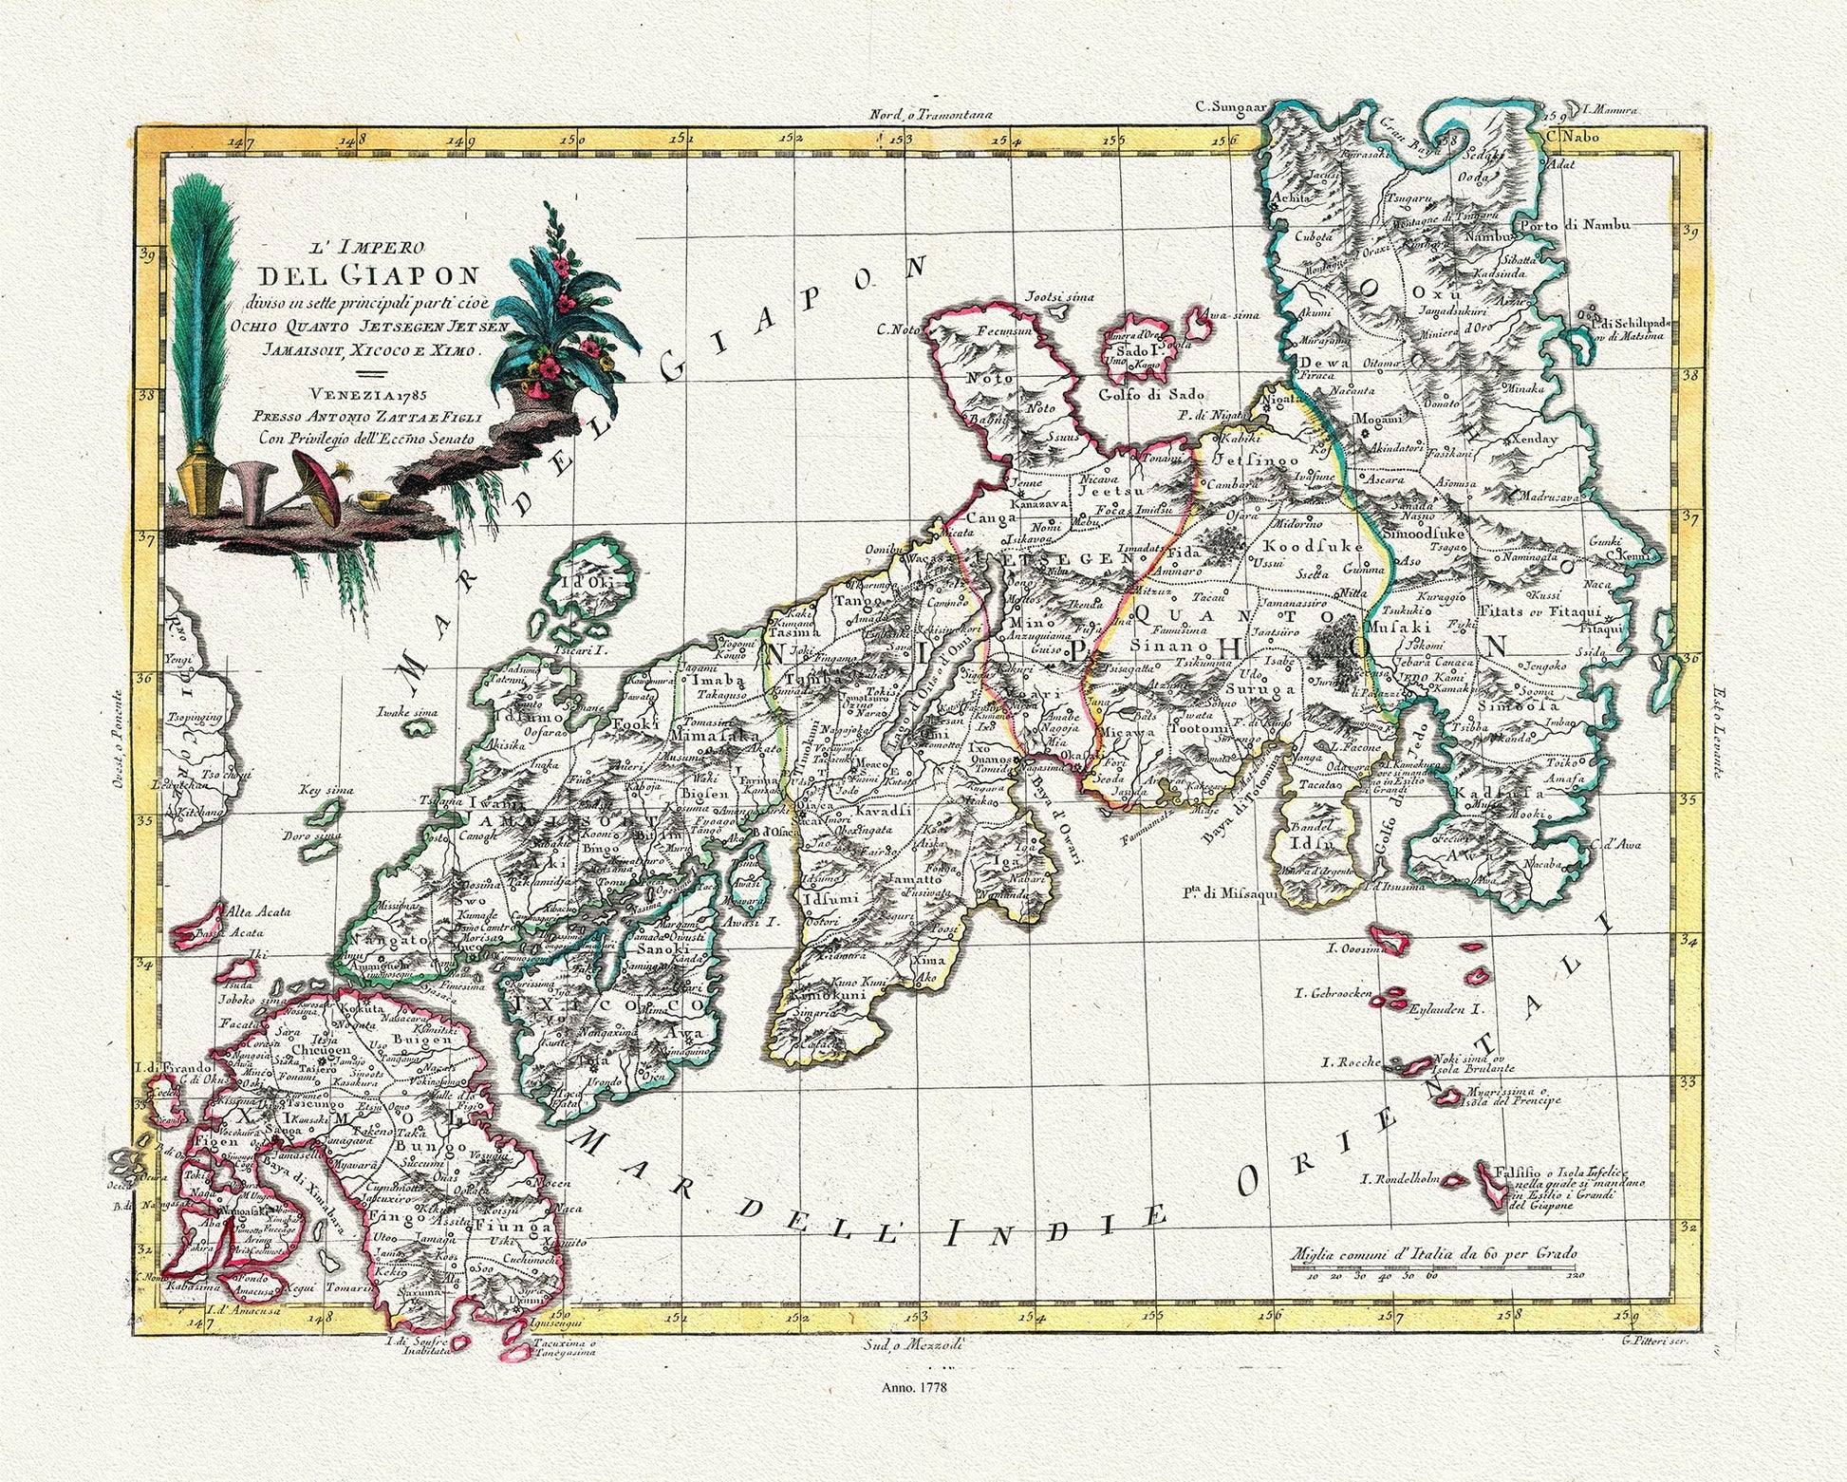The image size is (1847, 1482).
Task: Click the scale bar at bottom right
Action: tap(1432, 1267)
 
